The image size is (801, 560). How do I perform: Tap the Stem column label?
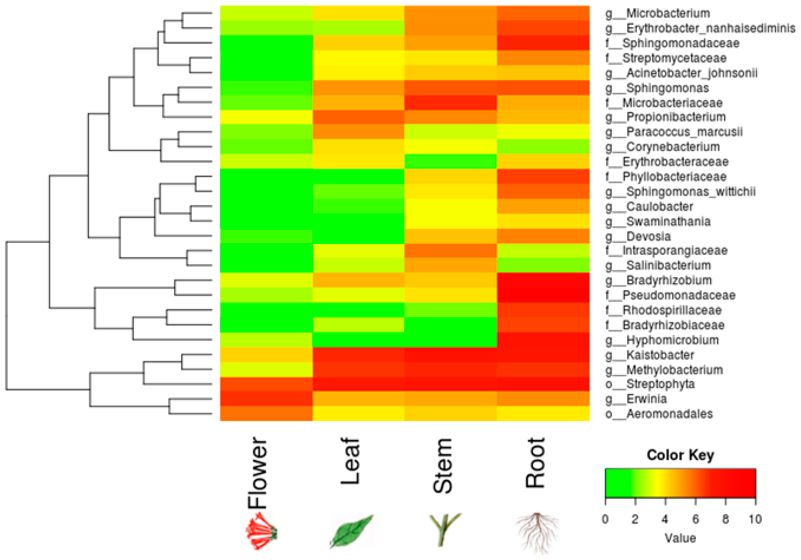(x=442, y=466)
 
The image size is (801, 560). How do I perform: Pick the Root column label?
(x=535, y=463)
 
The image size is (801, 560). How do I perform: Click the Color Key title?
(x=680, y=455)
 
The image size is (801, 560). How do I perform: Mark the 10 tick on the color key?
(x=755, y=519)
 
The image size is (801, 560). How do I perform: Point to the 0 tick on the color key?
(x=605, y=519)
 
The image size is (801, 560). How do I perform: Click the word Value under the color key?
(x=680, y=538)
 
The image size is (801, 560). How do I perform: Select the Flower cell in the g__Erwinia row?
(x=266, y=399)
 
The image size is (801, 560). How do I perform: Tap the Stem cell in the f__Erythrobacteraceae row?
(x=450, y=162)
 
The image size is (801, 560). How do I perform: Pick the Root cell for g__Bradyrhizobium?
(x=543, y=280)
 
